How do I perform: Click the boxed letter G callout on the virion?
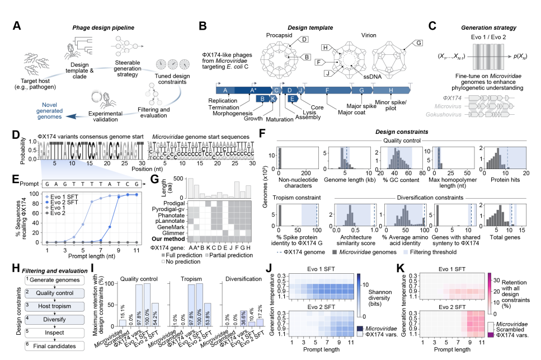[x=417, y=42]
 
